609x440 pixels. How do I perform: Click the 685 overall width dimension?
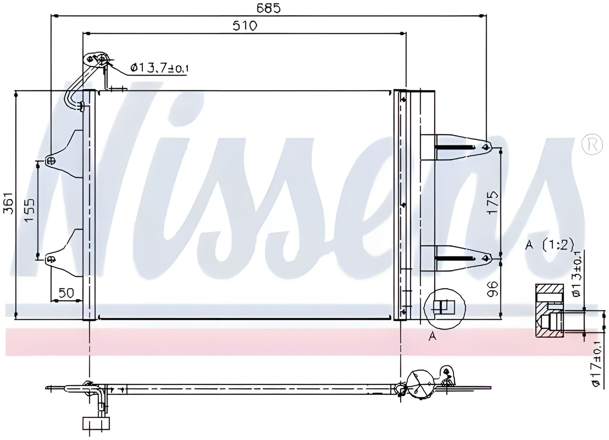pos(269,9)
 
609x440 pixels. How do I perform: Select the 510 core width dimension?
pos(245,26)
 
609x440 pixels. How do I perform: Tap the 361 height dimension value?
pos(9,203)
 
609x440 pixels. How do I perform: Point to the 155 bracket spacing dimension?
pos(29,210)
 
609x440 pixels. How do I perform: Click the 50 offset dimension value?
pos(66,293)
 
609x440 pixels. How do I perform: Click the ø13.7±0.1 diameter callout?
pos(159,68)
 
